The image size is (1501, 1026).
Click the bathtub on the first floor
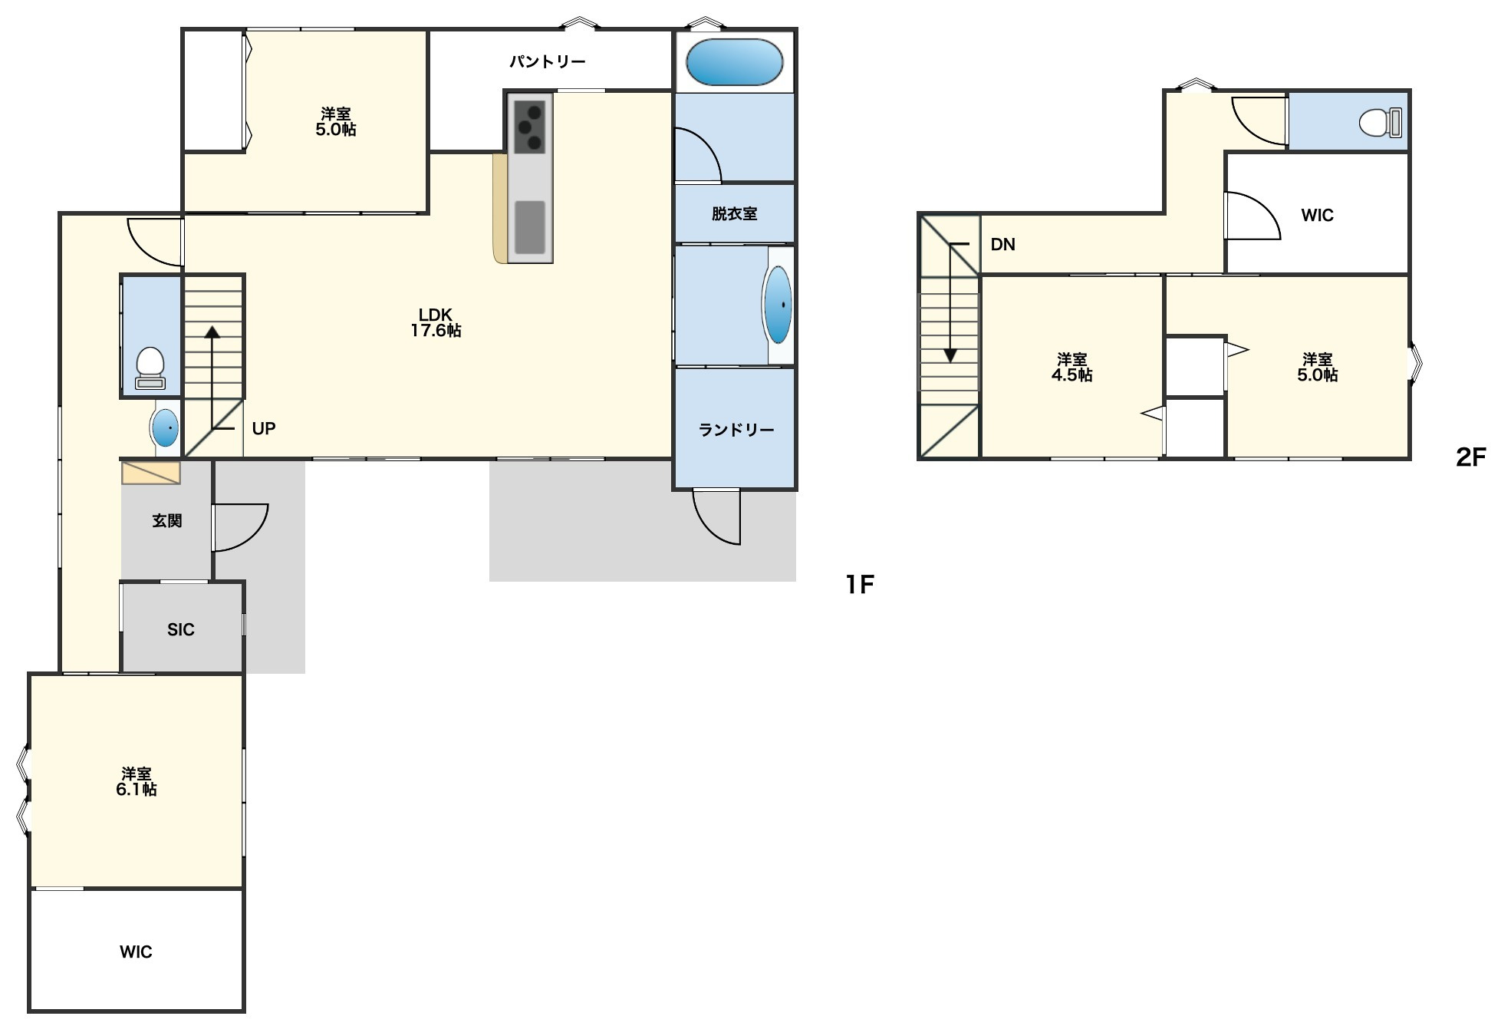click(x=734, y=62)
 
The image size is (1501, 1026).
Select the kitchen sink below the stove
click(x=529, y=227)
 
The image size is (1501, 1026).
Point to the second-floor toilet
click(x=1381, y=122)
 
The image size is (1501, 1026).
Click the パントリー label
click(x=548, y=61)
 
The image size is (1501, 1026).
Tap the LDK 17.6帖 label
click(x=436, y=322)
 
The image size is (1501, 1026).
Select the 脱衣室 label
click(x=734, y=214)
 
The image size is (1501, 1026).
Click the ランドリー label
click(x=736, y=430)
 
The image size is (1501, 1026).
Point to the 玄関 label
click(x=166, y=521)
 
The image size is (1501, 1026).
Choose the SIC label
click(x=181, y=630)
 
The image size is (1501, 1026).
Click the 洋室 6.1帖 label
click(x=137, y=781)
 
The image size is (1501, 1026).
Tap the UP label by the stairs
click(x=264, y=428)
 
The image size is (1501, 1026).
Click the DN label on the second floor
click(x=1003, y=245)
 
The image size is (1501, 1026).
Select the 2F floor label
click(x=1470, y=457)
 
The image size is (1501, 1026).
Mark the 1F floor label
click(x=860, y=585)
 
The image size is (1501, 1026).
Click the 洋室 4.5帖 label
click(x=1071, y=367)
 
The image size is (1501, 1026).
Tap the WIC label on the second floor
click(x=1317, y=216)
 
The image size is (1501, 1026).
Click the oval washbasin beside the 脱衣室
click(x=778, y=305)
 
